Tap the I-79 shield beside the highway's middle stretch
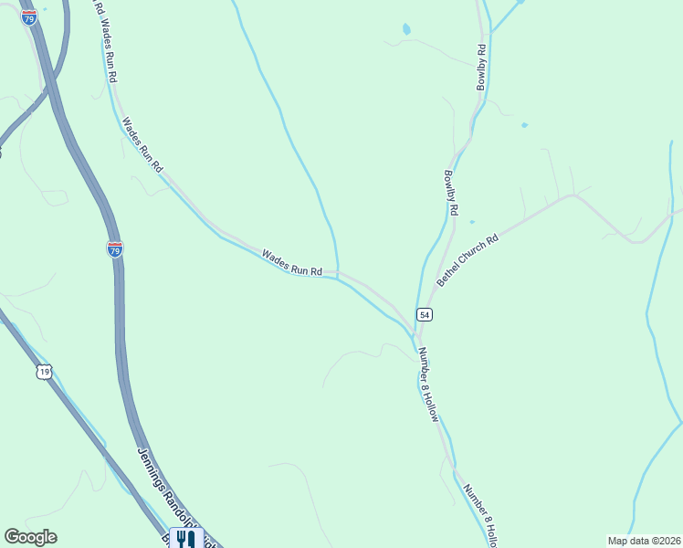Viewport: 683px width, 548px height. pyautogui.click(x=114, y=249)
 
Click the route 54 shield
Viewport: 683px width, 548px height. pyautogui.click(x=424, y=314)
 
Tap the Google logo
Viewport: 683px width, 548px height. pyautogui.click(x=30, y=537)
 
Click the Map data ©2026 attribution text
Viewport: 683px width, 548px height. pyautogui.click(x=644, y=541)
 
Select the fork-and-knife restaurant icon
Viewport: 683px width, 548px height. pyautogui.click(x=185, y=539)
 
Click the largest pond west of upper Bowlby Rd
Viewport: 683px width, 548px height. pyautogui.click(x=405, y=30)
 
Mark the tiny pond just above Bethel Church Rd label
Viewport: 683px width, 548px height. pyautogui.click(x=472, y=221)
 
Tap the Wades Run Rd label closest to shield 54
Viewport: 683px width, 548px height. pyautogui.click(x=292, y=263)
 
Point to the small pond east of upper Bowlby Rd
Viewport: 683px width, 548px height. pyautogui.click(x=524, y=125)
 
